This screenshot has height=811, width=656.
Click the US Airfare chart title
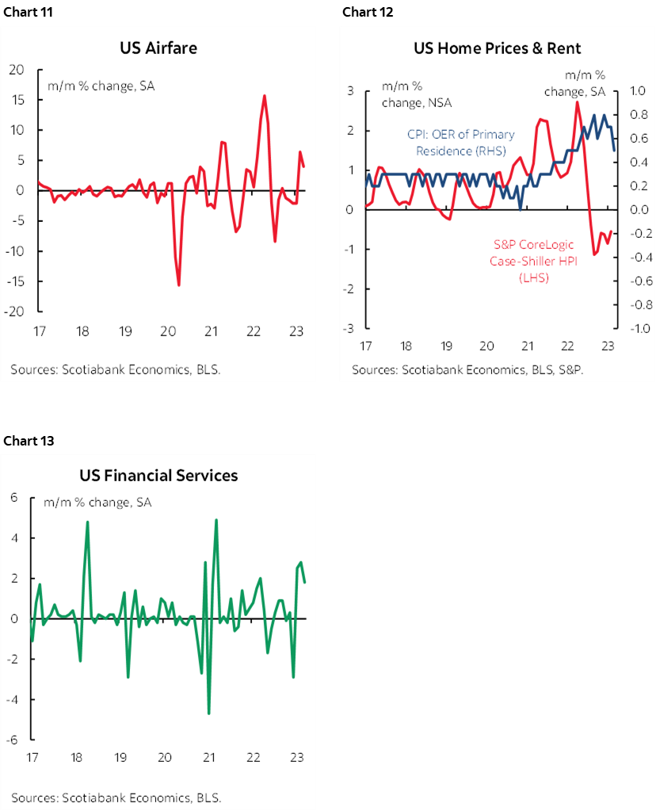(x=158, y=48)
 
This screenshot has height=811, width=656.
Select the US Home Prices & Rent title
(x=497, y=48)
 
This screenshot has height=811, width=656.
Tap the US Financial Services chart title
(x=158, y=476)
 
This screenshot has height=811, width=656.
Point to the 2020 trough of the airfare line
(x=178, y=285)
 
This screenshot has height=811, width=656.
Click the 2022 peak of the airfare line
(x=264, y=96)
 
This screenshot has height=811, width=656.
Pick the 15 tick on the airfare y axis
(x=17, y=100)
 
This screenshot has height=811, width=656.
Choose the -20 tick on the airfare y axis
(x=14, y=312)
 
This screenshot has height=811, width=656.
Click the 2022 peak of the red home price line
(x=577, y=102)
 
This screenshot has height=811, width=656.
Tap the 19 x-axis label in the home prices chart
(x=446, y=346)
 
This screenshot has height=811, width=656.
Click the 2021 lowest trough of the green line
(x=209, y=713)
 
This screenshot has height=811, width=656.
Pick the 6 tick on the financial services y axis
(x=13, y=498)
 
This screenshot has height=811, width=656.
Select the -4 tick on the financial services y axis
(x=11, y=700)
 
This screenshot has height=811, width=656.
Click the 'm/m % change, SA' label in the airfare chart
(x=101, y=86)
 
